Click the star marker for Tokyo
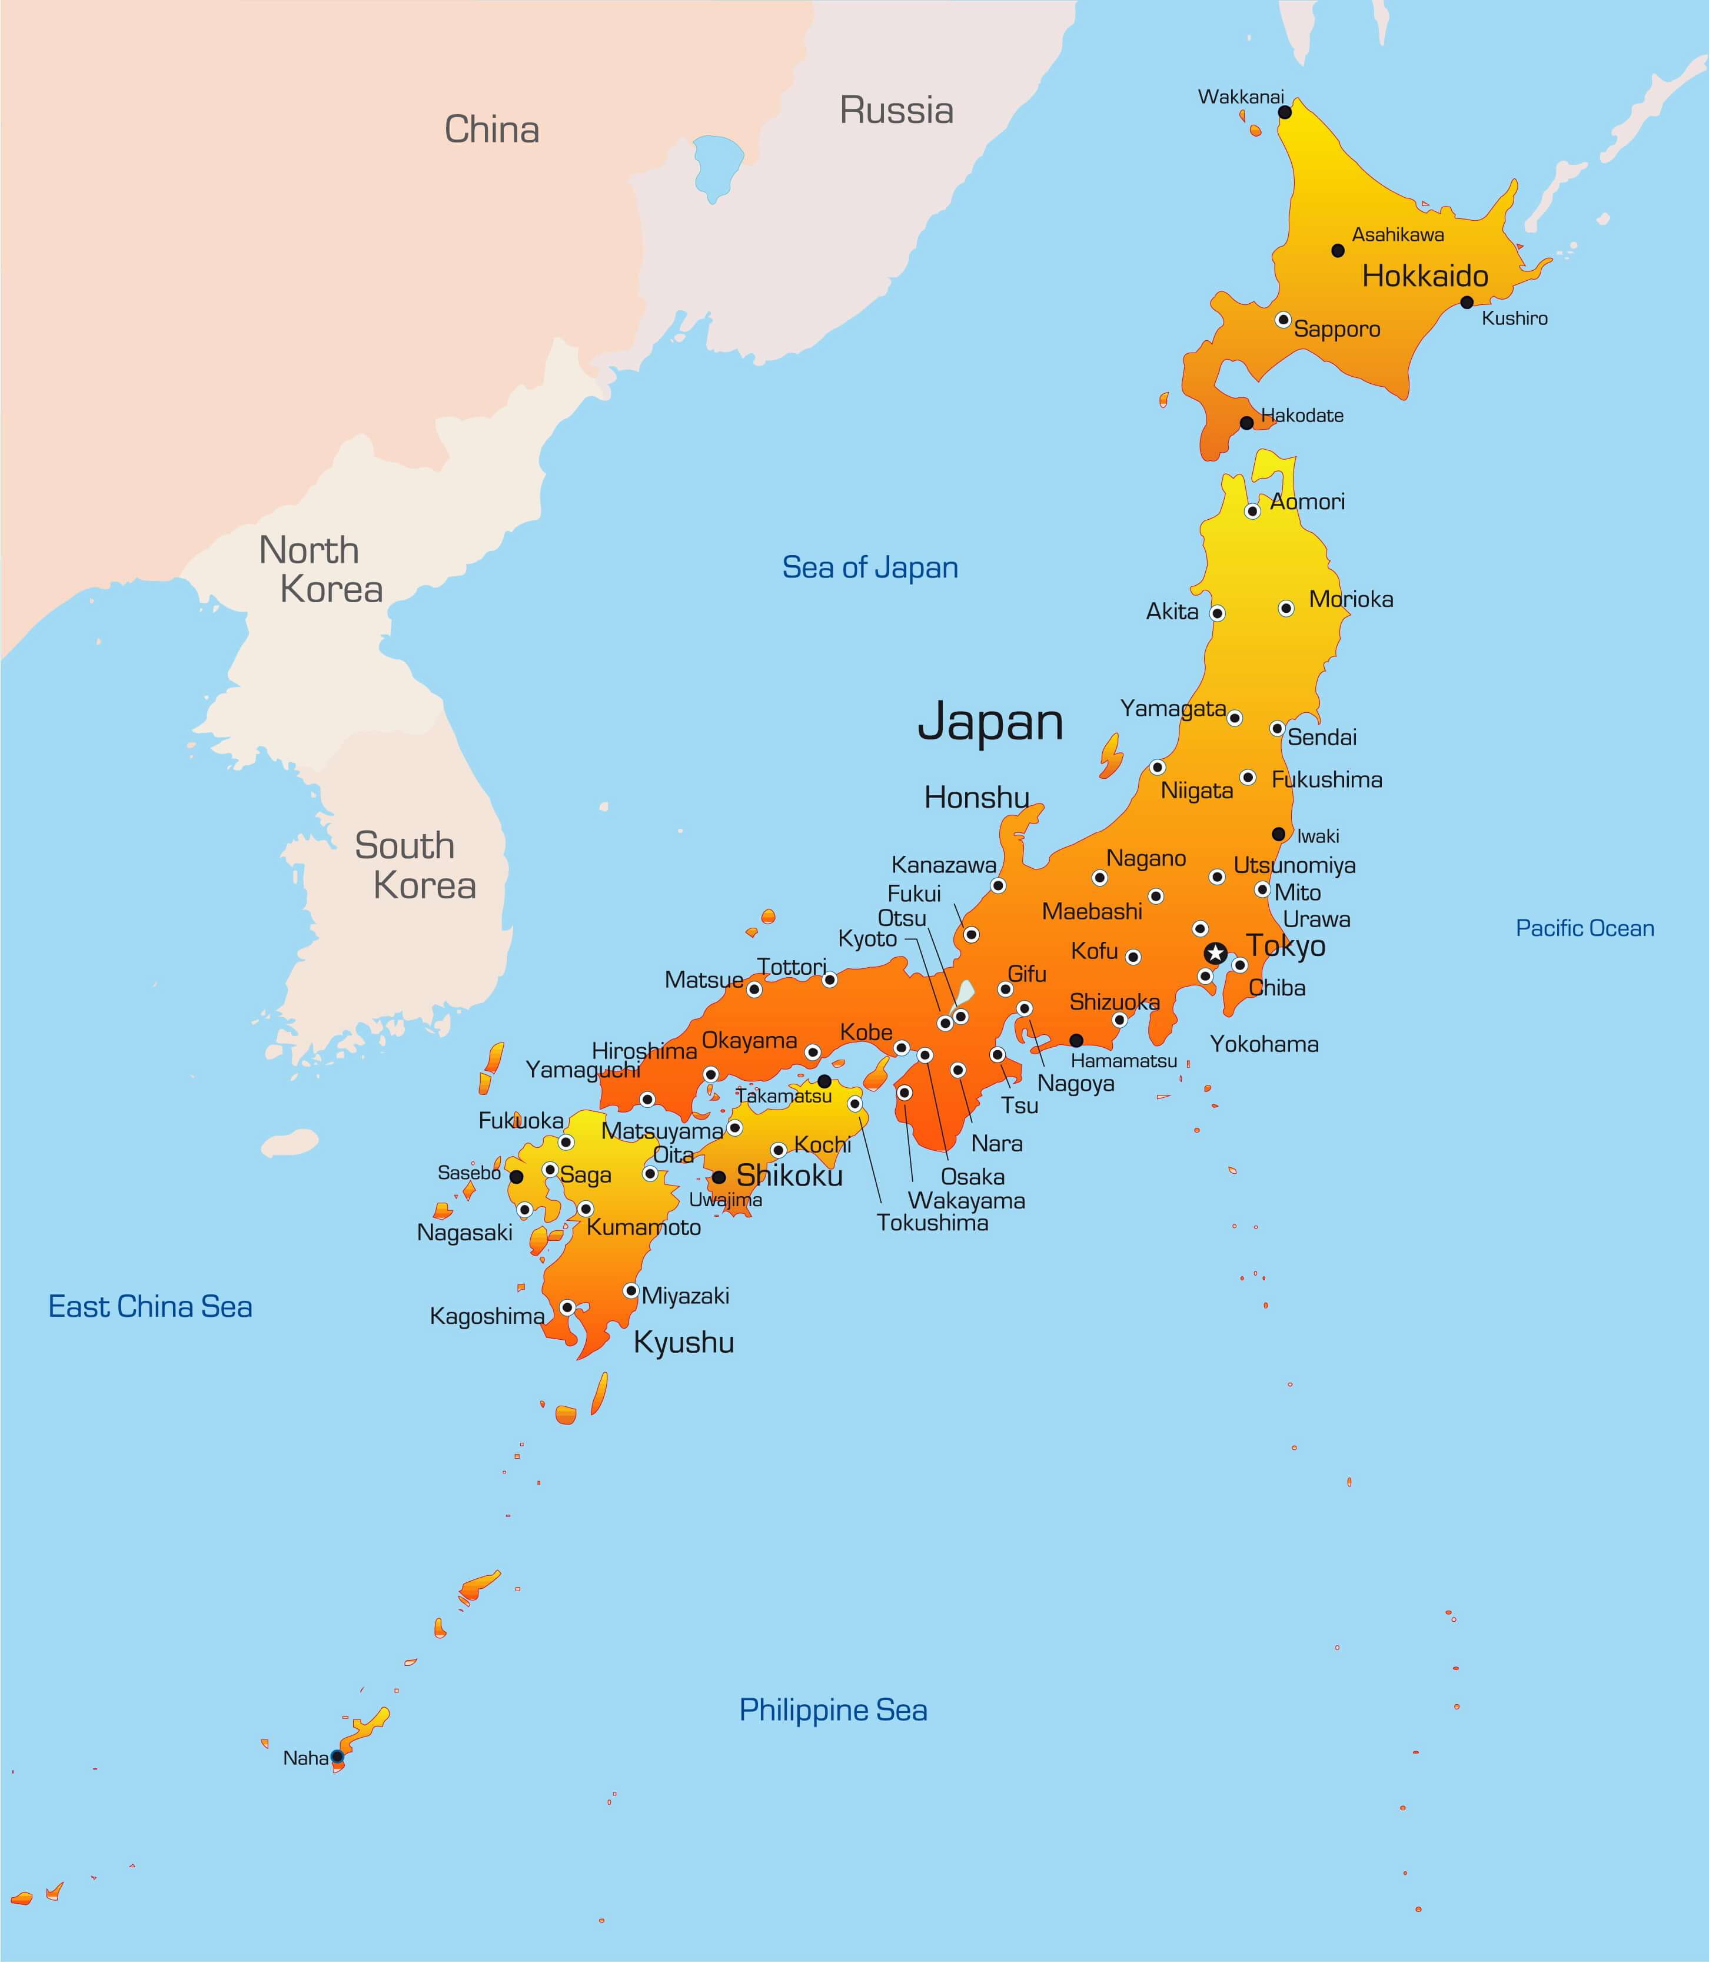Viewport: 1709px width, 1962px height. tap(1214, 953)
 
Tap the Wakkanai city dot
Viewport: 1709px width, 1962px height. tap(1285, 112)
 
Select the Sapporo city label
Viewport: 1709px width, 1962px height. tap(1337, 329)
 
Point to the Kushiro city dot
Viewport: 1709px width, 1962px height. tap(1467, 303)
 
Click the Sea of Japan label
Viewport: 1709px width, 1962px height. tap(870, 567)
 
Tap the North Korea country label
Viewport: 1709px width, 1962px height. tap(320, 569)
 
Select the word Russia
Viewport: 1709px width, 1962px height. tap(896, 111)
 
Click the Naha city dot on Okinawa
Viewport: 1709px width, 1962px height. tap(337, 1756)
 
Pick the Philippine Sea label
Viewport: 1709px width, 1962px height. tap(833, 1709)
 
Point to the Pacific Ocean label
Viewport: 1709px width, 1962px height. tap(1585, 928)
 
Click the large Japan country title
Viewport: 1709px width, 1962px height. tap(990, 722)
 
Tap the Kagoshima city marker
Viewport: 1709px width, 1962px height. tap(567, 1307)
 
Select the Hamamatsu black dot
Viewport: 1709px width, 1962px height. tap(1076, 1041)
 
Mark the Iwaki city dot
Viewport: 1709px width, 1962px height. tap(1279, 834)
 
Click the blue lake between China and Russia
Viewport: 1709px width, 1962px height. tap(717, 165)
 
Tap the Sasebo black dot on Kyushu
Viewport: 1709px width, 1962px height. tap(516, 1177)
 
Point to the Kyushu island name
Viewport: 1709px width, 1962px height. tap(684, 1343)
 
